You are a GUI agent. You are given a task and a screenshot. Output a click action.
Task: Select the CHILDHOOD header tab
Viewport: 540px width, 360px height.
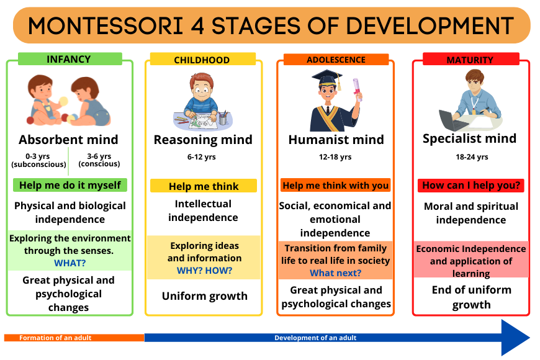pos(202,59)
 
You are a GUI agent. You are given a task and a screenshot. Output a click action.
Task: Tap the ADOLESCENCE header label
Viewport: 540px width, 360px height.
pos(336,59)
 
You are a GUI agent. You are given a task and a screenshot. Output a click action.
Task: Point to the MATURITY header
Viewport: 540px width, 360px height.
pos(470,59)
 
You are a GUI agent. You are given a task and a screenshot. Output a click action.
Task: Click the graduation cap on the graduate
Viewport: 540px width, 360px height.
pos(328,79)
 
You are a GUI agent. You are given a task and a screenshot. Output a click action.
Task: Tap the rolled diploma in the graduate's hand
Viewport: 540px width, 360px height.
pos(357,89)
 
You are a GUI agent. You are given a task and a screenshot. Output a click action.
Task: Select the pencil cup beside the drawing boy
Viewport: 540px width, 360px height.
pos(223,118)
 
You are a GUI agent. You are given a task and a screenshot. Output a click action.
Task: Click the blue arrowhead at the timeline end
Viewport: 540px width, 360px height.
pos(515,338)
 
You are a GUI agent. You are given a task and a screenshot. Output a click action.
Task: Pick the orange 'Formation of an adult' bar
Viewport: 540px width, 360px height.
pos(74,338)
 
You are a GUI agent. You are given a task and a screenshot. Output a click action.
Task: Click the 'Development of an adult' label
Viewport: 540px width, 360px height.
pos(315,338)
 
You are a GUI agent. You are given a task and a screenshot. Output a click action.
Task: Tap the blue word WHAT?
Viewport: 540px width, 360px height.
pos(70,263)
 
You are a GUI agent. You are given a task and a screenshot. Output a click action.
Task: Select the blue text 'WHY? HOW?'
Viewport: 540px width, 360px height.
pos(205,271)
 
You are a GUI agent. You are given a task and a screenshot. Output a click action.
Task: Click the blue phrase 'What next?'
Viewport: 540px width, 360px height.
pos(335,273)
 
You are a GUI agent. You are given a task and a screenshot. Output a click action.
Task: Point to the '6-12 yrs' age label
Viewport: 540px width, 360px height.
pos(202,157)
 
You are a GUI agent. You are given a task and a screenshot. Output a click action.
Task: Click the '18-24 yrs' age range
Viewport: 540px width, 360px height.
pos(472,157)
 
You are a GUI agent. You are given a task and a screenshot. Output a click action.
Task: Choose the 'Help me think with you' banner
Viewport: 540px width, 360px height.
pos(335,186)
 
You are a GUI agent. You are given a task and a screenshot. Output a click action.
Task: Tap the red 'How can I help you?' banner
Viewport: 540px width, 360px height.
pos(471,186)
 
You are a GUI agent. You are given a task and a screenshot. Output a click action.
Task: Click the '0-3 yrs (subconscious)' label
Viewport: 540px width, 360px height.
pos(38,160)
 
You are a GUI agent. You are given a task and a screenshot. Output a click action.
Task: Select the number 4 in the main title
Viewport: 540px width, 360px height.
pos(197,26)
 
